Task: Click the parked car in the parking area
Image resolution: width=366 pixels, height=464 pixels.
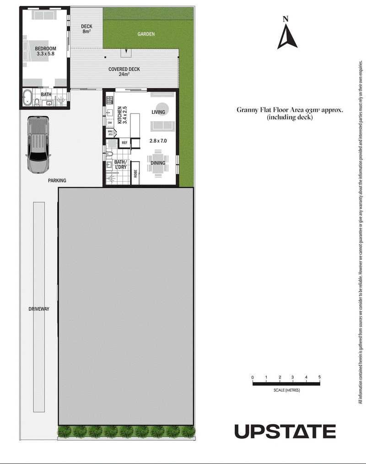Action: tap(38, 145)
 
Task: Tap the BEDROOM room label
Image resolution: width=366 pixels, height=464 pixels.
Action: tap(45, 49)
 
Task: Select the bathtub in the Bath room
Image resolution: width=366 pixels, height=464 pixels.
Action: tap(27, 97)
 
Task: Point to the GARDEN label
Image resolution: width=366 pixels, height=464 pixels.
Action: tap(146, 34)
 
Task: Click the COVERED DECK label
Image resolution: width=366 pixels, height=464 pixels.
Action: tap(124, 69)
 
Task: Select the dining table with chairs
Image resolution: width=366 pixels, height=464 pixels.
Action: tap(158, 163)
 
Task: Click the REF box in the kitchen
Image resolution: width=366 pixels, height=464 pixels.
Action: tap(124, 143)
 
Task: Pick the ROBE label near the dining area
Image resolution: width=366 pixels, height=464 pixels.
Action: tap(135, 173)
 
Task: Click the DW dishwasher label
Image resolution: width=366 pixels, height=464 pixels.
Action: tap(110, 123)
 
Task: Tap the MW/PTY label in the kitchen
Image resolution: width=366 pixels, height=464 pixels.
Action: tap(110, 133)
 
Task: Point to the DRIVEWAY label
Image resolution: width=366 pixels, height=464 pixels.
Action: tap(39, 309)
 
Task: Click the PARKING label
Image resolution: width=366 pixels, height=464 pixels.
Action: tap(57, 180)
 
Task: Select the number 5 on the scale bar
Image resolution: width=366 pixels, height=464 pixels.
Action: tap(319, 377)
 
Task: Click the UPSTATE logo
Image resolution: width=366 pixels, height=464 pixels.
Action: tap(285, 432)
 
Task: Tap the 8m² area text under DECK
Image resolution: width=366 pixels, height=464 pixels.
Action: tap(86, 32)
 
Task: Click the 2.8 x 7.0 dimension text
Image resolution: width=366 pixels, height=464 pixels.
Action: tap(158, 141)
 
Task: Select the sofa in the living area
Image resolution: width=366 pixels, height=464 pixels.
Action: tap(161, 126)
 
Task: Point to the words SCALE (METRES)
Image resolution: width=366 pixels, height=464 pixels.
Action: tap(287, 390)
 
